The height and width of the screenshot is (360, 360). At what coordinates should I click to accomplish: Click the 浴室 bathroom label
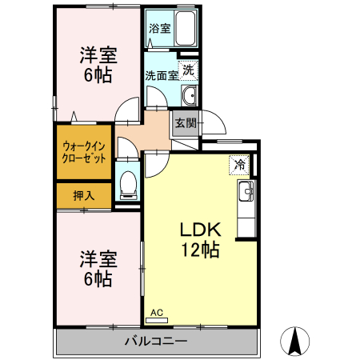point(159,29)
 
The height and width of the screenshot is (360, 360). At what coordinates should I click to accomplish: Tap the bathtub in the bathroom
point(185,29)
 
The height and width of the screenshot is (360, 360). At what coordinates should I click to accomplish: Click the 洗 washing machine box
point(187,70)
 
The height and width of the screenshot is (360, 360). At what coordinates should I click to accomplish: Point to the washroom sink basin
point(189,97)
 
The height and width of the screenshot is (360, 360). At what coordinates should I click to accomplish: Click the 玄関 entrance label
point(186,123)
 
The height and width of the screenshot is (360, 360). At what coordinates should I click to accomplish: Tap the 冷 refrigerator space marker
point(239,165)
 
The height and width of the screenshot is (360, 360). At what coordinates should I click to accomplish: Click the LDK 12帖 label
point(200,238)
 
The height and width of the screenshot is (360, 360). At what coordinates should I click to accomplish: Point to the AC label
point(157,312)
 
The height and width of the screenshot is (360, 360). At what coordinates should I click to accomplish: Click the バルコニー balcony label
point(156,342)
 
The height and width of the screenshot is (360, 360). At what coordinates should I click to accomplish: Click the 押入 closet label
point(84,194)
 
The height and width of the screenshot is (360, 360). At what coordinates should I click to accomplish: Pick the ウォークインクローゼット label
point(83,152)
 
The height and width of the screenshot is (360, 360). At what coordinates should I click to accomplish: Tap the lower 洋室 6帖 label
point(98,270)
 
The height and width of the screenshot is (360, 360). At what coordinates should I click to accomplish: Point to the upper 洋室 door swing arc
point(126,113)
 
